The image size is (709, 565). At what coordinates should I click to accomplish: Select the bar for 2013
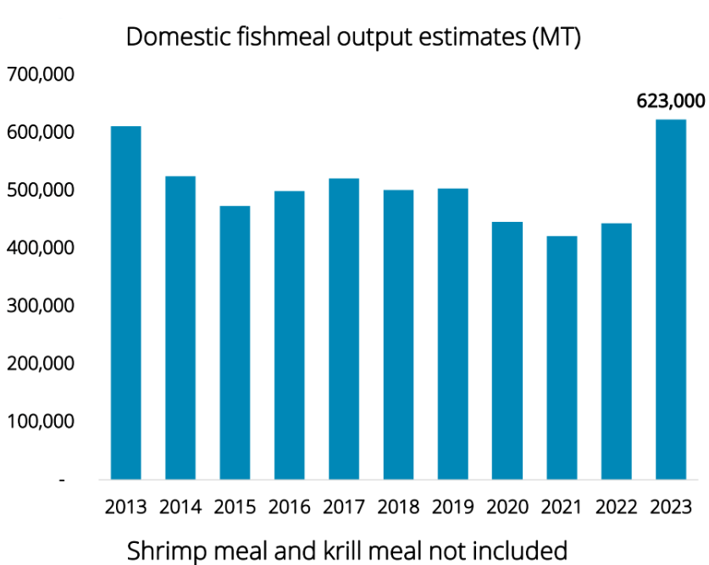coord(125,302)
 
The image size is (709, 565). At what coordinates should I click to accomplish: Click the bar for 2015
coord(235,342)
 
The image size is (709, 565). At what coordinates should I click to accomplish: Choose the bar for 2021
coord(562,357)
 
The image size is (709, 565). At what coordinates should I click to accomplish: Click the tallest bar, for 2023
coord(671,299)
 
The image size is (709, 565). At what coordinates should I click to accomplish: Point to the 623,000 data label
coord(671,102)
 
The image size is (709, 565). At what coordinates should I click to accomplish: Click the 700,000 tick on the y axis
coord(41,75)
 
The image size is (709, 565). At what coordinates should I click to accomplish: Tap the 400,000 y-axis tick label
coord(41,248)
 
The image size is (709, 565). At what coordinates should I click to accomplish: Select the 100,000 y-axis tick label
coord(41,421)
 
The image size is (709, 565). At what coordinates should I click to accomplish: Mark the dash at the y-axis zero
coord(62,479)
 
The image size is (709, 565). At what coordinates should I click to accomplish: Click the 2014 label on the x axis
coord(180,508)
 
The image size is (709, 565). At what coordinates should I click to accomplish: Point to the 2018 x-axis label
coord(398,508)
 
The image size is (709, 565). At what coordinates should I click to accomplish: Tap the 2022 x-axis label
coord(616,508)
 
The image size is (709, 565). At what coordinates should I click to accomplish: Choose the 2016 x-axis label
coord(290,508)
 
